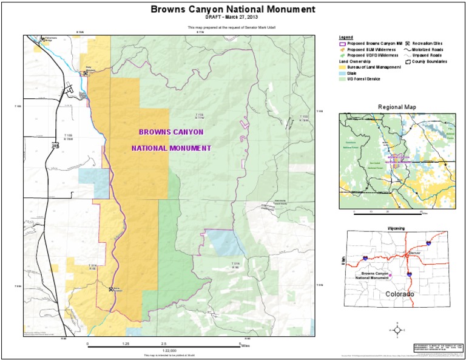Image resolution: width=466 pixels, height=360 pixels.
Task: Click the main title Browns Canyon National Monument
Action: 232,9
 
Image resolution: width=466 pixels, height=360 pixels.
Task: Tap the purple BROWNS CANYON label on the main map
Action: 171,132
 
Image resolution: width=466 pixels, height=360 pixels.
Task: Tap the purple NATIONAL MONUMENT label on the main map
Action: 171,148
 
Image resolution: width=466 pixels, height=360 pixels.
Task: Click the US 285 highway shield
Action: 55,146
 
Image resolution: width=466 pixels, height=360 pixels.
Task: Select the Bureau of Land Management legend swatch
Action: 342,67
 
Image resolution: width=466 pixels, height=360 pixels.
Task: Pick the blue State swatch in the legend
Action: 342,73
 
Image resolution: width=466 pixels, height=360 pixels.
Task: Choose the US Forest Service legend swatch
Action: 342,79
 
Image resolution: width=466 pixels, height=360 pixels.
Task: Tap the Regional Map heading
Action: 397,107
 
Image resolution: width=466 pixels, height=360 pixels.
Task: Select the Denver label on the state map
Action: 415,252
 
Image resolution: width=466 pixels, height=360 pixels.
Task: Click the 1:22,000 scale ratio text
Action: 169,350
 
